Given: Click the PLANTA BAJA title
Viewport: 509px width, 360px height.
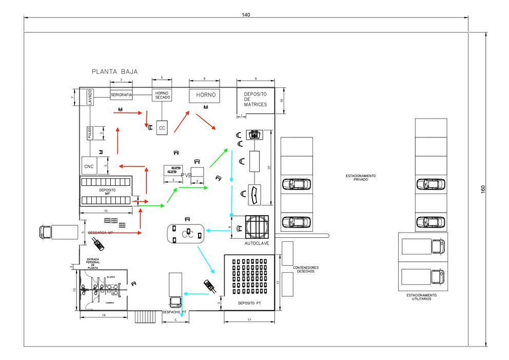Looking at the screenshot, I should (114, 72).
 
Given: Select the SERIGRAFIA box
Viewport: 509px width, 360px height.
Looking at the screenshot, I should (122, 95).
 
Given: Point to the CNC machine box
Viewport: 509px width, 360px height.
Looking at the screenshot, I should (89, 166).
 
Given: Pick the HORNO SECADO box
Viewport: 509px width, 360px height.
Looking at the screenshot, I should (162, 96).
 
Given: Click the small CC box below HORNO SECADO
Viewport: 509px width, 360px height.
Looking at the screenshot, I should (162, 128).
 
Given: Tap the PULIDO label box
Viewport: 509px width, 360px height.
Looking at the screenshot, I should (89, 132).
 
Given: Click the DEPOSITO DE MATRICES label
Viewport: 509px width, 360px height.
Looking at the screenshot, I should (255, 99).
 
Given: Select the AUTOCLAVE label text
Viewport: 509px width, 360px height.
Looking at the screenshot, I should (257, 243).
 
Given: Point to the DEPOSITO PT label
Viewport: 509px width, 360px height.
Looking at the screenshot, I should (249, 304).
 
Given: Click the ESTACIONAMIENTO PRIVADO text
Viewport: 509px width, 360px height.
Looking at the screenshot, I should (361, 178).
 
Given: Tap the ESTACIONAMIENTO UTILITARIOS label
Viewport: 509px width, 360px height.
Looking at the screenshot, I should (421, 297).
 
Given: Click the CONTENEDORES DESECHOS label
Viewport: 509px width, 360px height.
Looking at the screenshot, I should (306, 270).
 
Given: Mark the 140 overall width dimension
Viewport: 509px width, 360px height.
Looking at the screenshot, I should (246, 15).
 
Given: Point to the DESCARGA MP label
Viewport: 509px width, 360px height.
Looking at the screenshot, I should (100, 233).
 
